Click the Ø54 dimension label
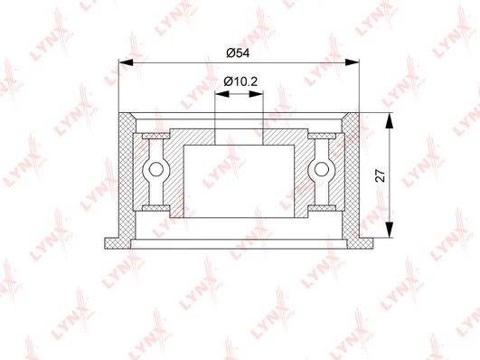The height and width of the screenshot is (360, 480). click(x=238, y=53)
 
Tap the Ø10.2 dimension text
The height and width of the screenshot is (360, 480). click(x=240, y=81)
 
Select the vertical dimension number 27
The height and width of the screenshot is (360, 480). click(x=381, y=175)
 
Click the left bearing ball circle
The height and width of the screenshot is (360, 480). click(x=156, y=169)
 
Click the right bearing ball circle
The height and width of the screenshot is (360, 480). click(x=322, y=169)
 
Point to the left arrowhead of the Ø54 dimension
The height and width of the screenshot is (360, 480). click(x=126, y=62)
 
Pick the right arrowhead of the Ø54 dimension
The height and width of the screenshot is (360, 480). click(x=352, y=62)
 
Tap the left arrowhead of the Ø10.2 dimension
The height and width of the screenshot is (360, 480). click(x=221, y=94)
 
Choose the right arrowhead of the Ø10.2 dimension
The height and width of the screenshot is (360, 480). click(x=256, y=94)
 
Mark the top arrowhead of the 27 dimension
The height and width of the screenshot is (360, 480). click(x=389, y=120)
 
